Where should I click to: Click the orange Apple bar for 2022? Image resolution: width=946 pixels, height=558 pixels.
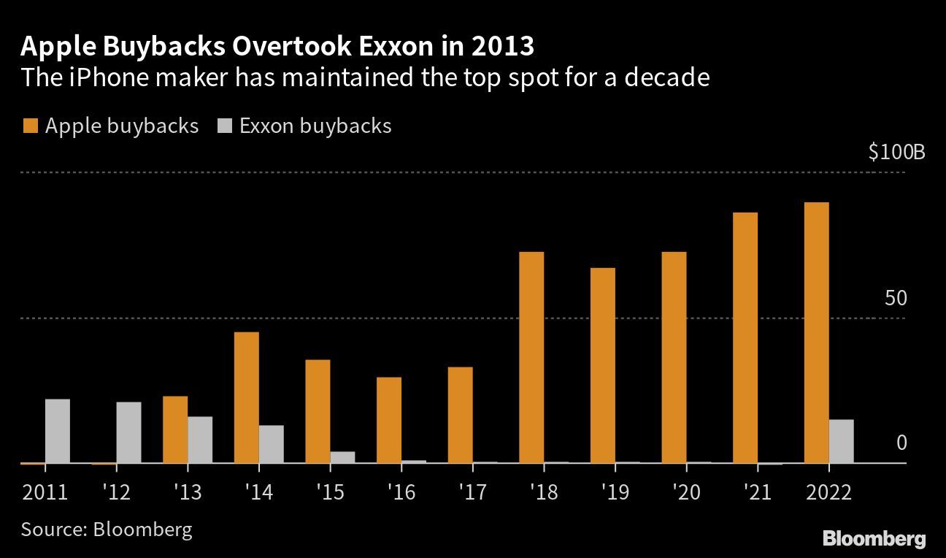coord(816,332)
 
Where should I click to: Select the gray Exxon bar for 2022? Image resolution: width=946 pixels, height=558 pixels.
coord(841,441)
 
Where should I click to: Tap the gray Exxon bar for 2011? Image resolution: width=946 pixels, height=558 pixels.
coord(58,431)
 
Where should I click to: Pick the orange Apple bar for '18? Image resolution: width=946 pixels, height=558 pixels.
coord(531,357)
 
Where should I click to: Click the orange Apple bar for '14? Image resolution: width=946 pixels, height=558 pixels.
coord(246,397)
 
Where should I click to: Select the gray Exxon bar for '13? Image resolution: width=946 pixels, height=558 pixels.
coord(200,440)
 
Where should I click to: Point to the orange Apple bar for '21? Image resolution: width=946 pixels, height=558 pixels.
coord(745,337)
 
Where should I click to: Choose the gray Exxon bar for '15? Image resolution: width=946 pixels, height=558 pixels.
coord(342,457)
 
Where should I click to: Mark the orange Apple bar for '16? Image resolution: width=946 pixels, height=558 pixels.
coord(389,420)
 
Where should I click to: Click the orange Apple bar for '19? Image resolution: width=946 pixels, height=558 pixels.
coord(603,365)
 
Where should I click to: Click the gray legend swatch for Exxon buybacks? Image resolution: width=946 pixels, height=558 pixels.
coord(224,126)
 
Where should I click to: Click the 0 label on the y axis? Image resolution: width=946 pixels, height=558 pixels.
coord(900,443)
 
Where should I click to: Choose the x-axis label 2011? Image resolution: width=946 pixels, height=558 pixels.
coord(45,492)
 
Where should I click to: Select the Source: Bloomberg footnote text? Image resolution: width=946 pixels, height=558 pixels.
coord(107,529)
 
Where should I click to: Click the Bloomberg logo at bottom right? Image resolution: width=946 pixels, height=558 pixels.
coord(874,540)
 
